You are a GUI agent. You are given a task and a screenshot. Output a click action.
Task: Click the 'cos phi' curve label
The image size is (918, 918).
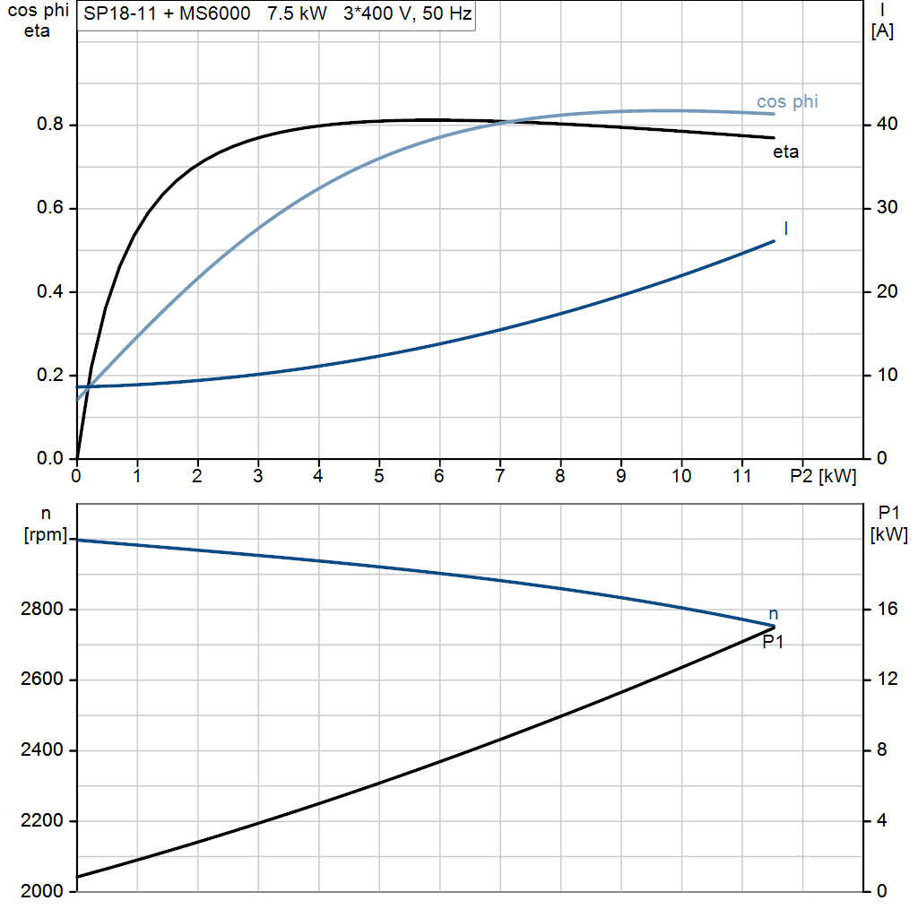coord(787,101)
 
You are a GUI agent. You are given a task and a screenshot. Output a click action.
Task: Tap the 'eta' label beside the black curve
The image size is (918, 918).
coord(785,152)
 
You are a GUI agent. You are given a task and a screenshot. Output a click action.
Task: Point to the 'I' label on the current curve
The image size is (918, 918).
coord(786,229)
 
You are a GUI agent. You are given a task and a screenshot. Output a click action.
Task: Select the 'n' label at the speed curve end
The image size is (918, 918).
coord(774,614)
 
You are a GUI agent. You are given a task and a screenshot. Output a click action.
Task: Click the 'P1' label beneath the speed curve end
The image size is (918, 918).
coord(773,641)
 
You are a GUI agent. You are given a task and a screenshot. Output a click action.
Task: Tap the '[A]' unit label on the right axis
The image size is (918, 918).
coord(882,31)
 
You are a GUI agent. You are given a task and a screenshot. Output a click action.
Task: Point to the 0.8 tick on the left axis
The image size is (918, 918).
coord(49,126)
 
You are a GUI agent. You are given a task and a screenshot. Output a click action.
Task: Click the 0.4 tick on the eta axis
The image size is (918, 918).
coord(49,292)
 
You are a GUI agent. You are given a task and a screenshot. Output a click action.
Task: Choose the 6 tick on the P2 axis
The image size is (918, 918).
coord(439,476)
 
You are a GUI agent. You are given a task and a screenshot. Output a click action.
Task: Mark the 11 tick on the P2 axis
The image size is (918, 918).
coord(741,476)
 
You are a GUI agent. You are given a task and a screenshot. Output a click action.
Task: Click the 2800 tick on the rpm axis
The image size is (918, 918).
coord(39,610)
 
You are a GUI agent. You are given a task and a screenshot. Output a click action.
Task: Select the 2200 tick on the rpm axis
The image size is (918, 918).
coord(39,821)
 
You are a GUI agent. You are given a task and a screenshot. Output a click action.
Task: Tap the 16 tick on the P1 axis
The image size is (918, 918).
coord(886,610)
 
